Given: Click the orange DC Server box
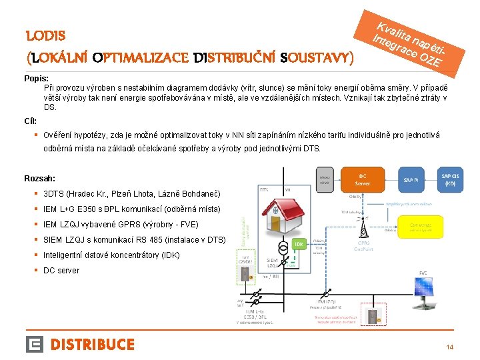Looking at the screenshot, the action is [x=363, y=179].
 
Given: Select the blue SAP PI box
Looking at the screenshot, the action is [x=410, y=179].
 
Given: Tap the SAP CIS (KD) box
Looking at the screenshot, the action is [x=450, y=179].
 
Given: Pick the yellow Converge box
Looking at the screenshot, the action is [x=420, y=227].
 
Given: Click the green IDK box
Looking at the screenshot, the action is [x=301, y=244].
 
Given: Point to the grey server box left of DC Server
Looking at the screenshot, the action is [x=325, y=179].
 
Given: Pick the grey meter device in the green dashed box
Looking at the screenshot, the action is [x=245, y=274].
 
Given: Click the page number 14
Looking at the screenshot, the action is [x=449, y=347].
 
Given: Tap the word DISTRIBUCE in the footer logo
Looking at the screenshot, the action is [x=93, y=344].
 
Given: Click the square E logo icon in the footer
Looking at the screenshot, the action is [x=35, y=344].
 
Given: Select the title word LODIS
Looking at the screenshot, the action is [x=45, y=35].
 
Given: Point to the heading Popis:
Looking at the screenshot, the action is [x=36, y=79].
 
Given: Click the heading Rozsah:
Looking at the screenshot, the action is [x=39, y=179].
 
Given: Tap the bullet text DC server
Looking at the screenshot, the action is [x=61, y=271].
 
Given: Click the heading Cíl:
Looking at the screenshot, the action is [x=31, y=121].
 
